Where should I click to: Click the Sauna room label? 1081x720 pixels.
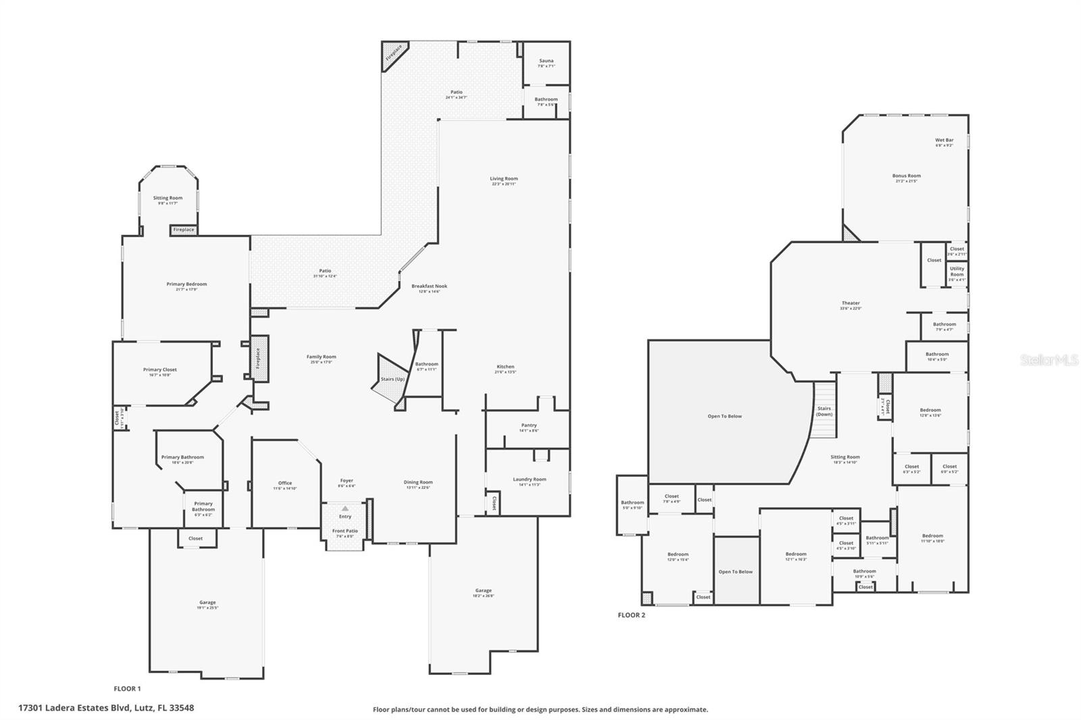(546, 61)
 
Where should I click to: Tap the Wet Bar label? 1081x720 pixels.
(945, 140)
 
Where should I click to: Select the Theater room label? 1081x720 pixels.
(851, 303)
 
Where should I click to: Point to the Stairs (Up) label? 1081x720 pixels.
(393, 379)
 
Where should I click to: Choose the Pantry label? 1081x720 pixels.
(529, 426)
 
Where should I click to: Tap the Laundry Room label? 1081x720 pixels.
(530, 480)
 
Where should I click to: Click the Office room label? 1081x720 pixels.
(285, 483)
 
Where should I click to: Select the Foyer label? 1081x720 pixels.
(347, 481)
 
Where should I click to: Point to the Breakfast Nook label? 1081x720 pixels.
(430, 286)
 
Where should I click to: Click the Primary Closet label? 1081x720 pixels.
(160, 369)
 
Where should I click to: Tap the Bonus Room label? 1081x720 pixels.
(907, 176)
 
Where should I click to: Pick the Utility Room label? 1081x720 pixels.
(957, 272)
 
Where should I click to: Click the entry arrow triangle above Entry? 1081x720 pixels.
(345, 508)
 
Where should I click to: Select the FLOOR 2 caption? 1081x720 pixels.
(632, 615)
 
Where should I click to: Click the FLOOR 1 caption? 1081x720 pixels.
(127, 689)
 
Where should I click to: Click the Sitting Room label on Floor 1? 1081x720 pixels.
(168, 199)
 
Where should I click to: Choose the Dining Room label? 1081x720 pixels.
(418, 482)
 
